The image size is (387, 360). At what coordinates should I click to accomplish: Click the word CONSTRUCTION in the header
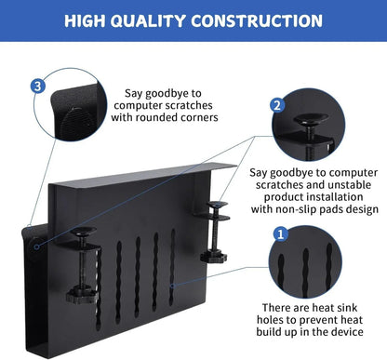(x=258, y=20)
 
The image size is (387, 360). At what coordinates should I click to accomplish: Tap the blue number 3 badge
(x=36, y=86)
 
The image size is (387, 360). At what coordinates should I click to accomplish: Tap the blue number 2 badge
(x=277, y=105)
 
